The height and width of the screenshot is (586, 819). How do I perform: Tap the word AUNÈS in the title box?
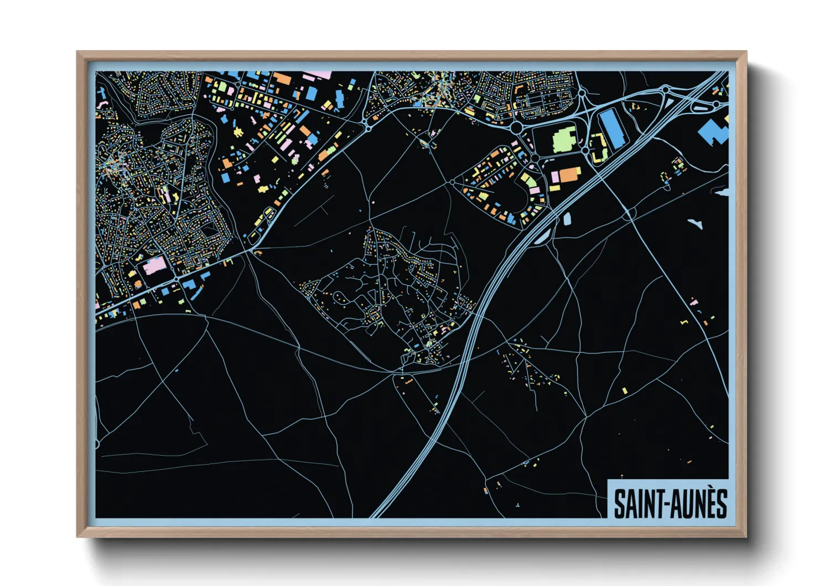pos(699,504)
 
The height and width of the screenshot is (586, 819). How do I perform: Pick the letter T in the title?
pos(658,504)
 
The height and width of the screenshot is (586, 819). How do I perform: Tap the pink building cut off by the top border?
pos(317,75)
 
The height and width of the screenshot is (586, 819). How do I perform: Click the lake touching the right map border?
pos(723,192)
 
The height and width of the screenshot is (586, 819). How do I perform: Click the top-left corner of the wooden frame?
pos(77,52)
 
